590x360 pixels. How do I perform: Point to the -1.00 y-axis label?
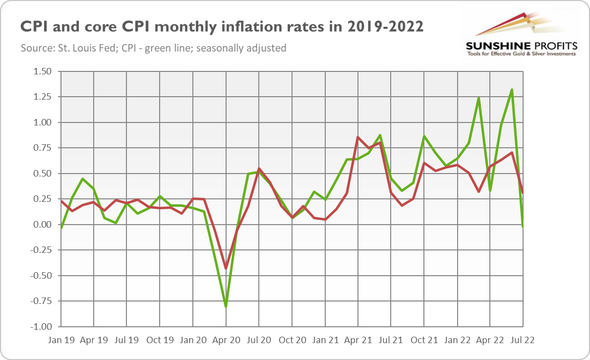42,327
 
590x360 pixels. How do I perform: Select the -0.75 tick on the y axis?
42,301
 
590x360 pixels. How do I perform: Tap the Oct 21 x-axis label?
424,341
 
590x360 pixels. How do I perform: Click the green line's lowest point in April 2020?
226,306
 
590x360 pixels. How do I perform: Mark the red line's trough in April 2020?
226,268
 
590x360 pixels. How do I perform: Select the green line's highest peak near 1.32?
512,90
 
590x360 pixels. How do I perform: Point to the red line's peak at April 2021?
357,137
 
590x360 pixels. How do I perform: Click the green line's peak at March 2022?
479,98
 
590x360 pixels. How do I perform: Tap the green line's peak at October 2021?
424,136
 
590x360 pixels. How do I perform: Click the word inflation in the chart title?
271,26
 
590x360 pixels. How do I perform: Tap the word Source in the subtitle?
35,49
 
